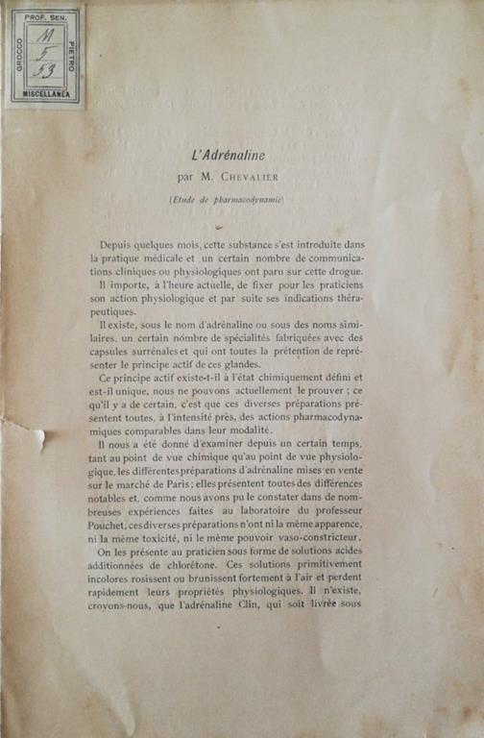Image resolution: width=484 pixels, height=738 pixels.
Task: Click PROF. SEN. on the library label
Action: [x=44, y=16]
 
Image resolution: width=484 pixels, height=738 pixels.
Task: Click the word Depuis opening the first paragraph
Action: [x=119, y=245]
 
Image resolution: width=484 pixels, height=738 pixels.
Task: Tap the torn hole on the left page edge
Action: [x=38, y=438]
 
